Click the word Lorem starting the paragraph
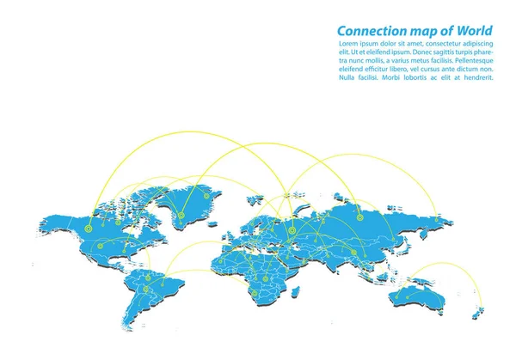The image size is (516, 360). tap(349, 44)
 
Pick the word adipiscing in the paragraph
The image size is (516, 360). tap(476, 44)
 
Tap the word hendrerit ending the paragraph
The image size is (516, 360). tap(474, 78)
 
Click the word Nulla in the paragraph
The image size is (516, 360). tap(349, 78)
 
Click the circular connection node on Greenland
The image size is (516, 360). tap(181, 216)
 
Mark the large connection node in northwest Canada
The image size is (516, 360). tap(89, 229)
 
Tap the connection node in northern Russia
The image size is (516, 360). tap(375, 217)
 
